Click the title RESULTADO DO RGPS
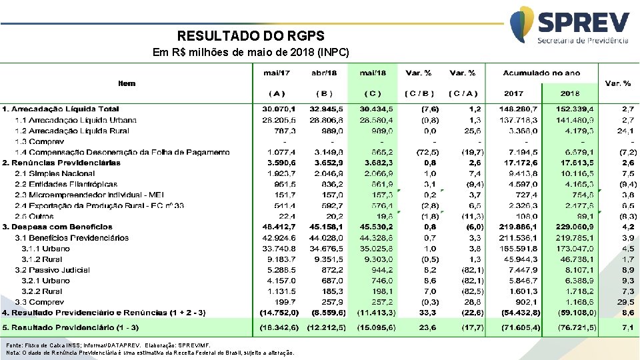click(x=251, y=36)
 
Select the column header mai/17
click(x=277, y=73)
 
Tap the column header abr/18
click(x=324, y=73)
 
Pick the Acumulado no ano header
click(x=541, y=73)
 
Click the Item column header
click(x=127, y=83)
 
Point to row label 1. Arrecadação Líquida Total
click(x=61, y=109)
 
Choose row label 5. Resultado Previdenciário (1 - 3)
click(x=71, y=328)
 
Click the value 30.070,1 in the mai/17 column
click(x=276, y=109)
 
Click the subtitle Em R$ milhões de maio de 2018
click(x=251, y=52)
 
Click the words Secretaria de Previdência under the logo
click(x=583, y=40)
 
